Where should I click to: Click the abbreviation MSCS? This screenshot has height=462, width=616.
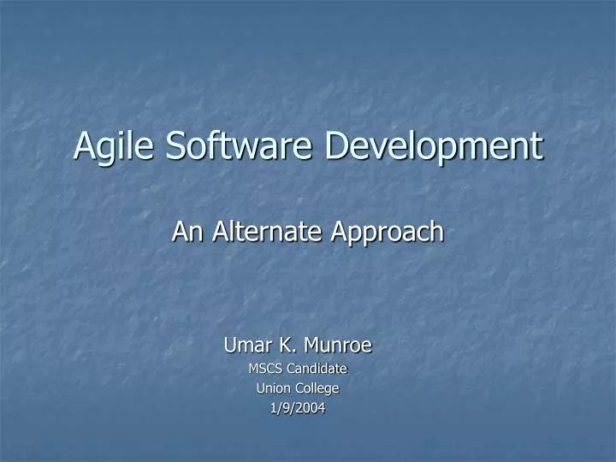pyautogui.click(x=265, y=369)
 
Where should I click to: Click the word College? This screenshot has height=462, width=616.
pyautogui.click(x=317, y=389)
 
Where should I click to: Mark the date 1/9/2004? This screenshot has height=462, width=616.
pyautogui.click(x=298, y=408)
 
